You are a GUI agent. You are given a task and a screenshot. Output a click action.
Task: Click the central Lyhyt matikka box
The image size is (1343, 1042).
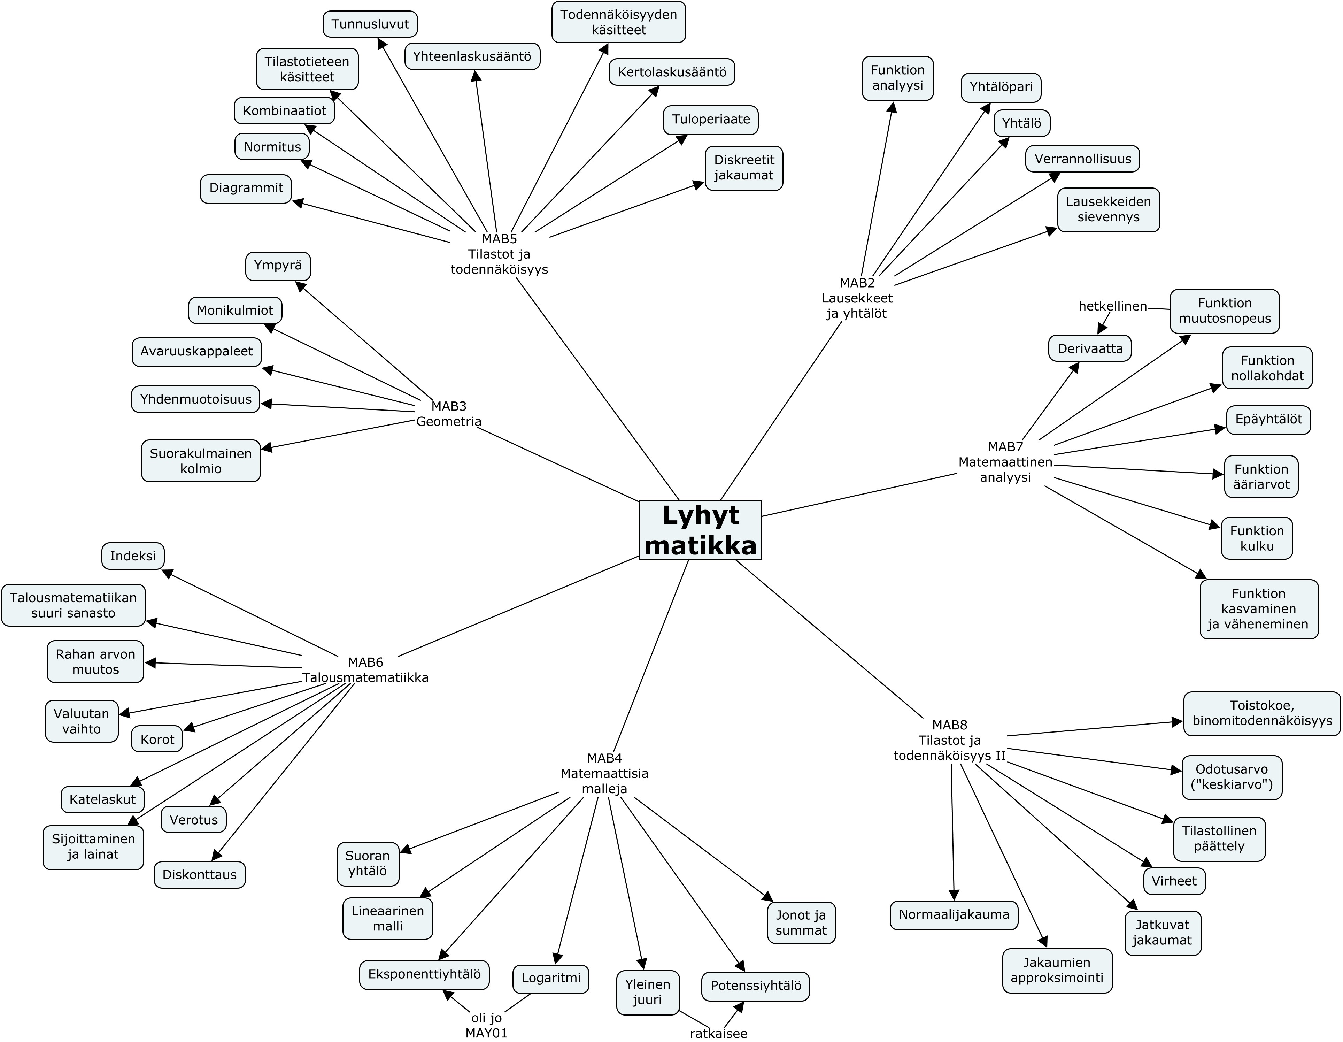(x=700, y=530)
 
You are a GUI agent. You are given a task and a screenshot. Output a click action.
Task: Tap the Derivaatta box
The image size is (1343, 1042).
(x=1090, y=348)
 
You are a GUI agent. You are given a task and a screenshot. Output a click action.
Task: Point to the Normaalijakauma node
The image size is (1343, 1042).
(x=954, y=915)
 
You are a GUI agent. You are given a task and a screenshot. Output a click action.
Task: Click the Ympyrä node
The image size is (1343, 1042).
(x=278, y=266)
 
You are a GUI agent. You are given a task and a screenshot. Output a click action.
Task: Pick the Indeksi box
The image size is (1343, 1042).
(x=133, y=556)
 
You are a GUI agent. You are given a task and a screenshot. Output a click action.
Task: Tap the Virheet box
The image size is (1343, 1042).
(x=1174, y=881)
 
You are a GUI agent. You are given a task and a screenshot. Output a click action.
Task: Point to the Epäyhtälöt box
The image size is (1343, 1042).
(x=1268, y=420)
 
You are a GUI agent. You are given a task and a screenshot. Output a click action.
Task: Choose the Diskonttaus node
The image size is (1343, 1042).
(x=199, y=875)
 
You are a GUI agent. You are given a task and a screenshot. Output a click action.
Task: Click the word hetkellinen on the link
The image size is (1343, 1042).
(x=1112, y=306)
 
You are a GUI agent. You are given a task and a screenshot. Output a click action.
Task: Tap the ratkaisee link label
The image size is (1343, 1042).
(x=718, y=1033)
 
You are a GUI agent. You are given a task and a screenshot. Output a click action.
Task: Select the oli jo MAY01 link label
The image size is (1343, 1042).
(x=486, y=1025)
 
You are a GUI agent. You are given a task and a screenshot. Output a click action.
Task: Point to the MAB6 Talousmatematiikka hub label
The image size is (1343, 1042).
(x=365, y=670)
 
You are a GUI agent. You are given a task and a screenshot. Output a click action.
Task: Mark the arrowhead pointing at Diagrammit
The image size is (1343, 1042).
(x=298, y=202)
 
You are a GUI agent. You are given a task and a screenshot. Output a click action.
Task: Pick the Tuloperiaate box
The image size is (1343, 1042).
(x=710, y=119)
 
